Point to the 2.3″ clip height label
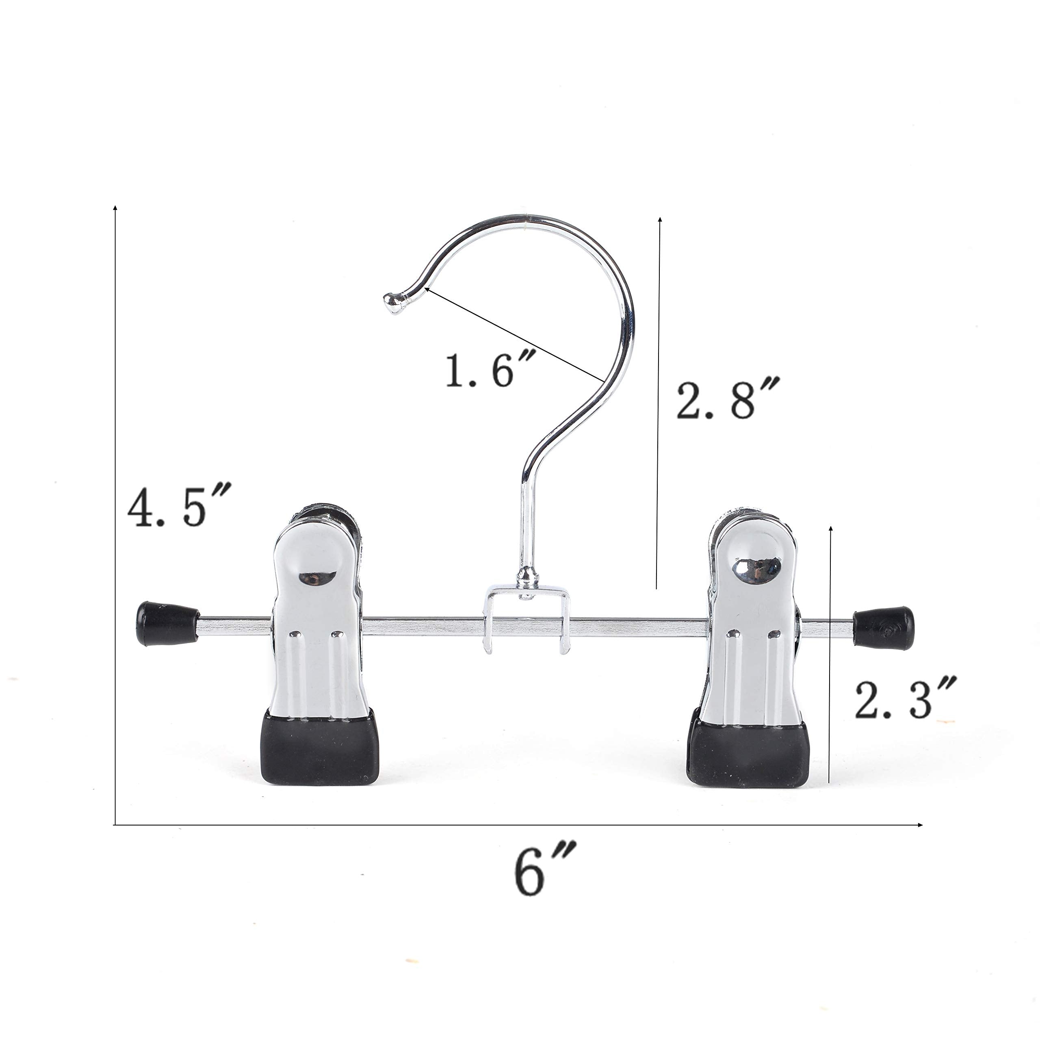905,700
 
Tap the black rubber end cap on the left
167,623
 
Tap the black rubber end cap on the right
883,628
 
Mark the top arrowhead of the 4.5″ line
115,207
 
